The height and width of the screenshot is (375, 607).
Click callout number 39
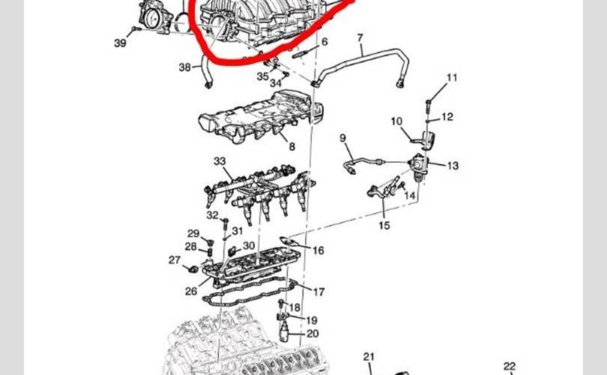[x=120, y=43]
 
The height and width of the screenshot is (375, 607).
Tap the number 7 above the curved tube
[x=360, y=38]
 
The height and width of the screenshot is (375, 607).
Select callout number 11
[x=452, y=78]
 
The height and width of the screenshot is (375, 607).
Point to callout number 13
[x=453, y=166]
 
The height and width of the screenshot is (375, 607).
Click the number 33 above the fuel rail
[x=220, y=160]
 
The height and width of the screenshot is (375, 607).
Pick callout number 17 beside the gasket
[x=318, y=292]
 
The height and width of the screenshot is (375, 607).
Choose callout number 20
[x=312, y=334]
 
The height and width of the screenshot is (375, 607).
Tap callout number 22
[x=510, y=366]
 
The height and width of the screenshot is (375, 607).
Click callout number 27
[x=175, y=260]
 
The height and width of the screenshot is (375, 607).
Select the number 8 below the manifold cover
[x=292, y=146]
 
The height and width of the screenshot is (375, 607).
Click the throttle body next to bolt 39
[x=156, y=16]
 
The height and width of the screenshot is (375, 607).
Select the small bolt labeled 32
[x=225, y=225]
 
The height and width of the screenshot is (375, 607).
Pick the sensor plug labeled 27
[x=193, y=268]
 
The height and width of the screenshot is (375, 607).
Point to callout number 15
[x=384, y=225]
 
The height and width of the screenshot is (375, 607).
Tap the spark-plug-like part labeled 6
[x=301, y=54]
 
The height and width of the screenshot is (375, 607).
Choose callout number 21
[x=369, y=357]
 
